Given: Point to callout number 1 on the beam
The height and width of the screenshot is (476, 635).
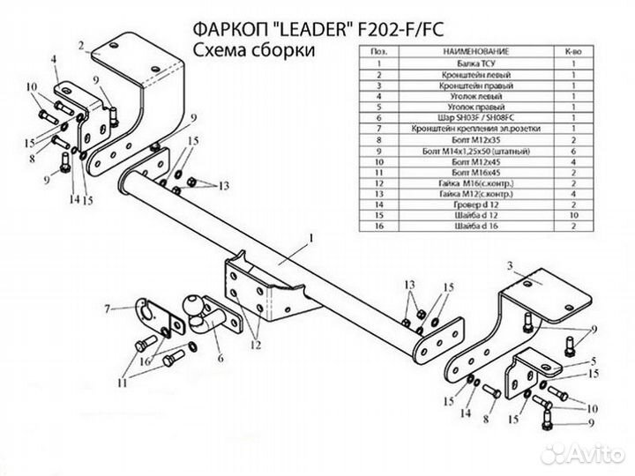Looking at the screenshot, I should [311, 238].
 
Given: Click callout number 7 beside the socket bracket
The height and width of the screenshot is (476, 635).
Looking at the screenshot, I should [107, 309].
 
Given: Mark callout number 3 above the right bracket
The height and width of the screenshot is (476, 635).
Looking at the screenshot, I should [510, 265].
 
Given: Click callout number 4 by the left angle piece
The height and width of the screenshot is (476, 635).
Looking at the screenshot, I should [54, 59].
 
